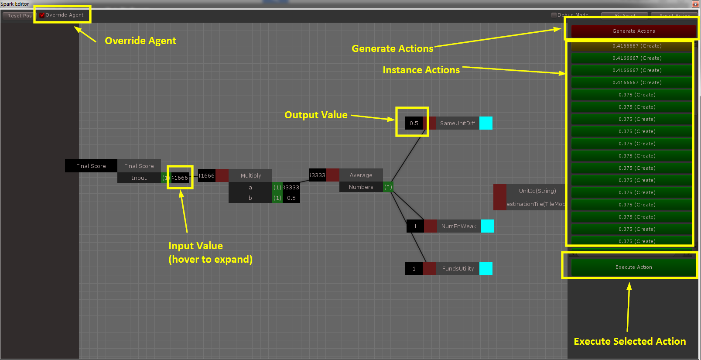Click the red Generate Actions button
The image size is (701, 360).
click(633, 31)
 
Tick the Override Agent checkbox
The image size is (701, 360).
click(42, 15)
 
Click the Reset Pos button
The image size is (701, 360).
click(19, 16)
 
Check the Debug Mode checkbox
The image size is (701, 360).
click(554, 15)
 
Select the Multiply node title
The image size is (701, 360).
click(250, 175)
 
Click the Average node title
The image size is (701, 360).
click(361, 175)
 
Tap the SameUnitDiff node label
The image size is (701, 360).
click(457, 123)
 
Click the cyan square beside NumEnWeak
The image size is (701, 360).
click(487, 226)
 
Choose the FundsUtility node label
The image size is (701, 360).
click(458, 268)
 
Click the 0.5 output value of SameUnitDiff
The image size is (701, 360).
click(414, 123)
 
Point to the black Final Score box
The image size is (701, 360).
click(91, 166)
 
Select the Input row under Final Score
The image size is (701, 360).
click(139, 178)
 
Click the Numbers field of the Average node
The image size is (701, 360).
click(361, 187)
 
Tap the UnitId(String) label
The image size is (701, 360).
click(537, 191)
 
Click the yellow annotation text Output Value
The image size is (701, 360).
click(316, 115)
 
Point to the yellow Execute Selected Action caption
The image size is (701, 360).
click(629, 341)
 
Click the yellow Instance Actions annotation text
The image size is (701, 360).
click(421, 70)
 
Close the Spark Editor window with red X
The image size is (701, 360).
click(695, 4)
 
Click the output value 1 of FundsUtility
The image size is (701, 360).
click(414, 268)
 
